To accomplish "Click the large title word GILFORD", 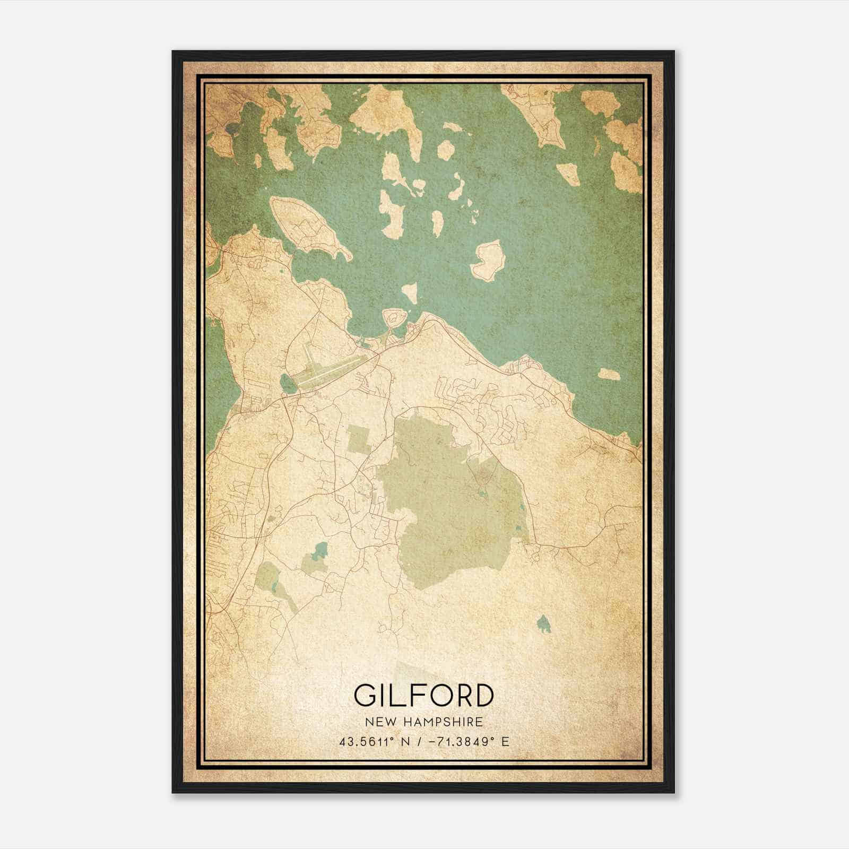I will (x=423, y=696).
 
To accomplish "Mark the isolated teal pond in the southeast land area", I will (x=543, y=624).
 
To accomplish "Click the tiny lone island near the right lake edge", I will (x=609, y=374).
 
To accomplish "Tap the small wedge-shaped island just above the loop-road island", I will (x=409, y=293).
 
